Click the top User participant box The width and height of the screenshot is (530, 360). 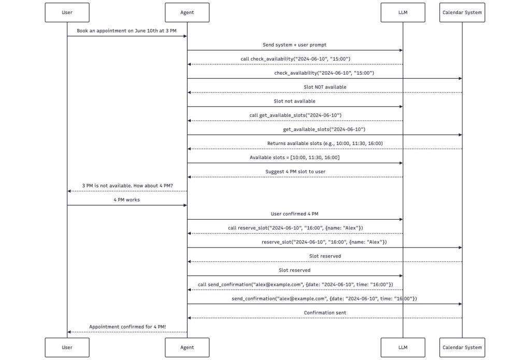[67, 12]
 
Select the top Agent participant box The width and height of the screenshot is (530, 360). [187, 12]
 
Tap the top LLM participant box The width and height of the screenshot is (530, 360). [403, 12]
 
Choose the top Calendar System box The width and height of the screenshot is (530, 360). [462, 12]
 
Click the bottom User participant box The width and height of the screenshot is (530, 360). [67, 348]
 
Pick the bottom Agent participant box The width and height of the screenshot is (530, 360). [187, 348]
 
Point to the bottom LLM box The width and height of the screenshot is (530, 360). [403, 348]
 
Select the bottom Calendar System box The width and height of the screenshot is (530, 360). [462, 348]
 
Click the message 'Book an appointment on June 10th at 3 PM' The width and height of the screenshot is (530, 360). [126, 31]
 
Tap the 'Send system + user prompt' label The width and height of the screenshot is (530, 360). [294, 45]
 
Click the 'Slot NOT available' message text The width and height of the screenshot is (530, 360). [325, 87]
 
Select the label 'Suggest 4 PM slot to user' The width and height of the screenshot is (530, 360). [295, 172]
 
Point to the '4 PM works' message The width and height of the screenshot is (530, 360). [126, 200]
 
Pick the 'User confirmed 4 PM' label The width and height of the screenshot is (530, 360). [294, 214]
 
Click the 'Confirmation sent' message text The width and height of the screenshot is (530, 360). [325, 313]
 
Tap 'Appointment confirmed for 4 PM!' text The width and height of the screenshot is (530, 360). [127, 327]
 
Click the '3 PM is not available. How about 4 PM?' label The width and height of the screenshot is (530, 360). [127, 186]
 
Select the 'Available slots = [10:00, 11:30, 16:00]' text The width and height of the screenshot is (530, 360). [294, 157]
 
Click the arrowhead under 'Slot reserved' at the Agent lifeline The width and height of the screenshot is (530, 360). [189, 262]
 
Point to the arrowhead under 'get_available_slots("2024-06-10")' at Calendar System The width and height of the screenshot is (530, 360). [460, 135]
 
